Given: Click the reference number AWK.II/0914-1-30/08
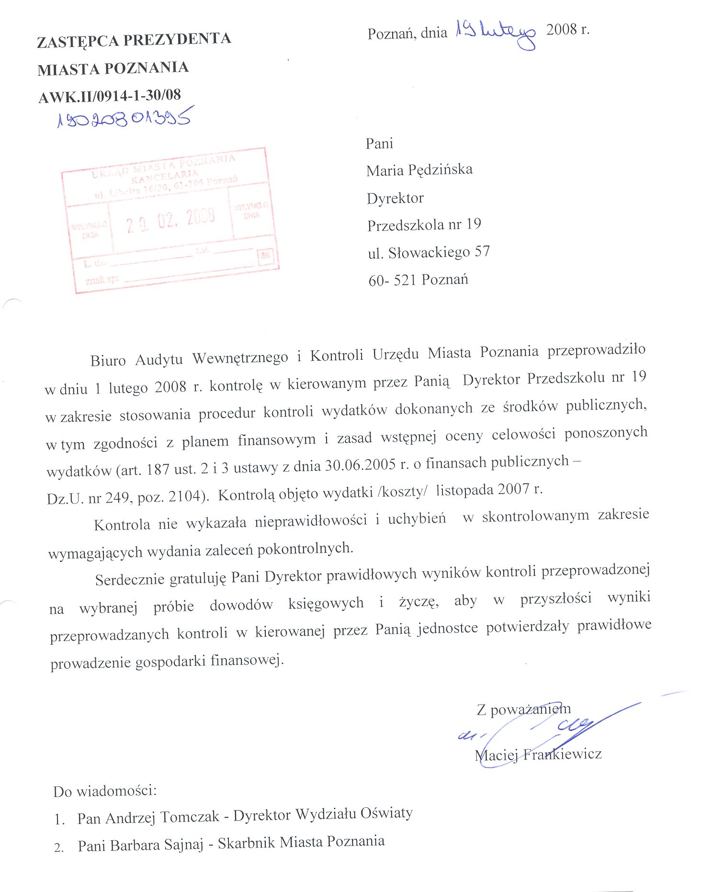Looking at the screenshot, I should tap(110, 96).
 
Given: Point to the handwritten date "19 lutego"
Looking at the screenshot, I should tap(495, 33).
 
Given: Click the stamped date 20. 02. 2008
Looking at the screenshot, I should tap(170, 221).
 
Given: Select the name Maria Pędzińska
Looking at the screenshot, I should tap(419, 170).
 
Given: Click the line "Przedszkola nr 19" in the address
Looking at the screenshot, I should tap(424, 225).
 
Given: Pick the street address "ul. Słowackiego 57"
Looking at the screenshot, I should tap(429, 252).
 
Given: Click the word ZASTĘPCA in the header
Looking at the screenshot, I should tap(78, 41).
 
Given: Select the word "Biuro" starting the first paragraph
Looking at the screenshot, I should tap(108, 360).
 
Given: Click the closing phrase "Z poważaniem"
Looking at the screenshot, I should tap(523, 709).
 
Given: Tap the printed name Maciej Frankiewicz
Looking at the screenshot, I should tap(538, 755).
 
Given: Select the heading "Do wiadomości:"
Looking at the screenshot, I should tap(105, 791).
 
